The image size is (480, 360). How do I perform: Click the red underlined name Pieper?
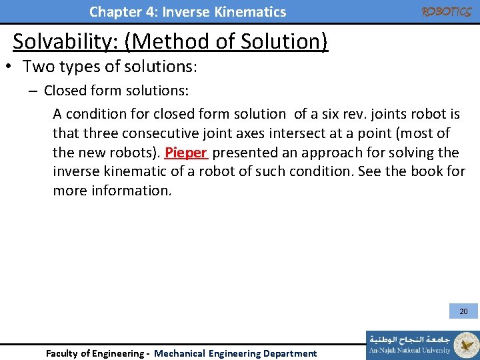point(187,153)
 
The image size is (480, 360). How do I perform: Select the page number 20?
point(463,311)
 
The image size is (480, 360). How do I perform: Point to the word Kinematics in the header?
point(250,12)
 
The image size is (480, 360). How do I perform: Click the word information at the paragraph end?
point(132,191)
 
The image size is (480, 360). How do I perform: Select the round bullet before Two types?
point(11,67)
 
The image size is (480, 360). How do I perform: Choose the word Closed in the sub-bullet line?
point(64,91)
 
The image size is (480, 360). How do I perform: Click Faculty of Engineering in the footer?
point(93,353)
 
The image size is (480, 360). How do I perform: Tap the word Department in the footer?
point(290,353)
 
